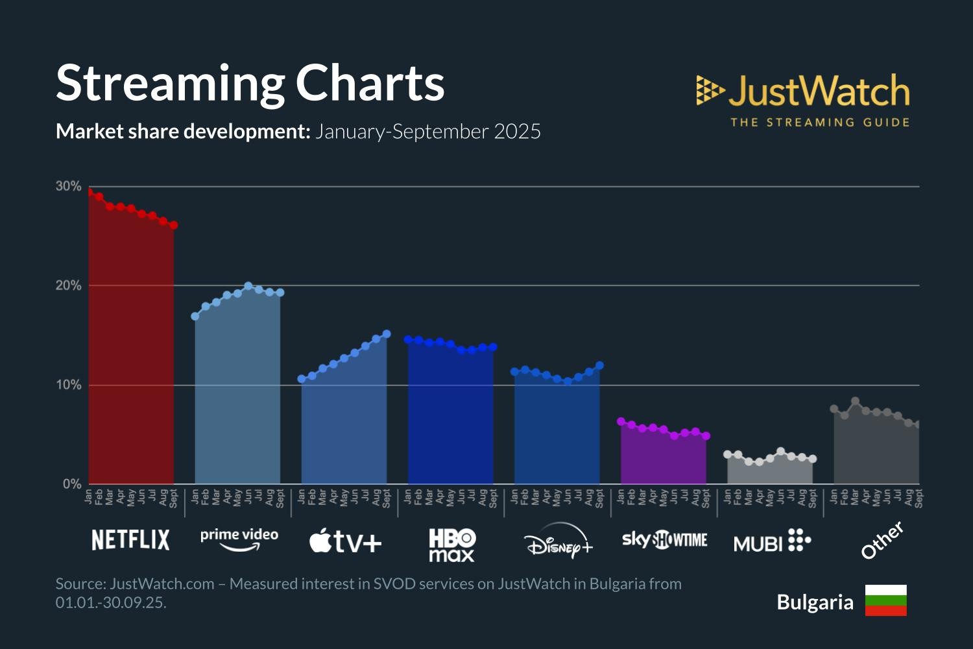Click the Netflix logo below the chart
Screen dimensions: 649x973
[x=130, y=540]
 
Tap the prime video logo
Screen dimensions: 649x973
[x=239, y=539]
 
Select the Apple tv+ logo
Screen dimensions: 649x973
[x=345, y=541]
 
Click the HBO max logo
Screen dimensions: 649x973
[x=452, y=545]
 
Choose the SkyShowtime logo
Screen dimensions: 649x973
[x=664, y=539]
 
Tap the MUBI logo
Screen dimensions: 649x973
[x=772, y=541]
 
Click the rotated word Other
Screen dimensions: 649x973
[x=882, y=540]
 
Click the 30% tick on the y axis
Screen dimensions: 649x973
[x=68, y=186]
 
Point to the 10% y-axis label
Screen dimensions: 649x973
[x=68, y=385]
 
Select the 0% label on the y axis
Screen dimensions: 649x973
[x=71, y=484]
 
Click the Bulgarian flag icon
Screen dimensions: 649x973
[x=885, y=600]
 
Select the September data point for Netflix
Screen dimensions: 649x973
[x=173, y=225]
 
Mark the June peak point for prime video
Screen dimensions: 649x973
[x=248, y=286]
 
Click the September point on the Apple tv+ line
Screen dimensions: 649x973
[x=387, y=334]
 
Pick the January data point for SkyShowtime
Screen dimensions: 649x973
[x=621, y=421]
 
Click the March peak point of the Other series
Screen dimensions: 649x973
[x=855, y=401]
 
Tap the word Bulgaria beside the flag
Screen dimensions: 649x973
[x=815, y=602]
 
